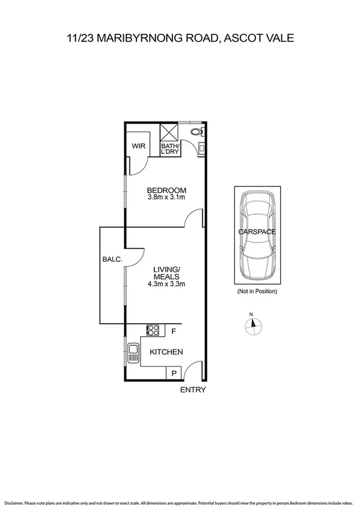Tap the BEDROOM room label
(166, 189)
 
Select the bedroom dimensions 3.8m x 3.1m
(166, 197)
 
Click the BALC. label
(112, 259)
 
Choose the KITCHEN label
(166, 352)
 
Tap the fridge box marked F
(174, 330)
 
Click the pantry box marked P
(173, 373)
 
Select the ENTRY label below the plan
(194, 390)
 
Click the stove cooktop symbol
(153, 330)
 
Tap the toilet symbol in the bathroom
(195, 133)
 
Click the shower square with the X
(169, 132)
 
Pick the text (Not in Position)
(257, 292)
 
